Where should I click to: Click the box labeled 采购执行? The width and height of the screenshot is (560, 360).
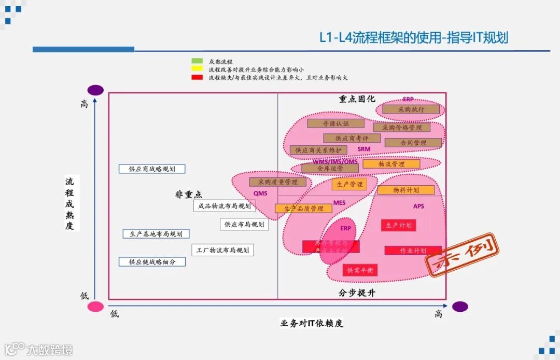(411, 109)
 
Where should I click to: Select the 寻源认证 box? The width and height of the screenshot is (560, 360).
(335, 123)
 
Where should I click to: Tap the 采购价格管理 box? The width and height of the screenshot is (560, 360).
(402, 128)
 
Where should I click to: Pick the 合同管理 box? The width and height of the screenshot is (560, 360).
(413, 143)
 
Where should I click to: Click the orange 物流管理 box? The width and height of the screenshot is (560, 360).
(391, 164)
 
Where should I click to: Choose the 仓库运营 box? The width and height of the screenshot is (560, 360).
(330, 169)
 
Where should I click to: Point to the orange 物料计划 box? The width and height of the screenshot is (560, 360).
(405, 190)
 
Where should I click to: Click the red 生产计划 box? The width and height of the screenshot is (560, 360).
(398, 225)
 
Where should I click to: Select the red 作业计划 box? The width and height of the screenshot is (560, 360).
(413, 251)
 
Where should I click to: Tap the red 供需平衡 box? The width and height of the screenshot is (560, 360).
(360, 270)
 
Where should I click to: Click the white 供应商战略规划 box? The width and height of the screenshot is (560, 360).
(152, 169)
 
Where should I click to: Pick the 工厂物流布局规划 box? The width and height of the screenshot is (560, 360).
(222, 250)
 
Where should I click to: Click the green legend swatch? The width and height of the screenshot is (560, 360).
(197, 61)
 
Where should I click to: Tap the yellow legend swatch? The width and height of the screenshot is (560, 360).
(197, 69)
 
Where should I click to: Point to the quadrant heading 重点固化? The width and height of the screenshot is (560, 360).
(357, 99)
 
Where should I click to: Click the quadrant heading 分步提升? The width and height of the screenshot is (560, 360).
(357, 293)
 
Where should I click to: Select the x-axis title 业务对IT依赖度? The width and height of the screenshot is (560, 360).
(312, 323)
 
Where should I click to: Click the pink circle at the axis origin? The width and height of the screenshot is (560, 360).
(95, 307)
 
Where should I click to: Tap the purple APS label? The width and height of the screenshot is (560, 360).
(418, 206)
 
